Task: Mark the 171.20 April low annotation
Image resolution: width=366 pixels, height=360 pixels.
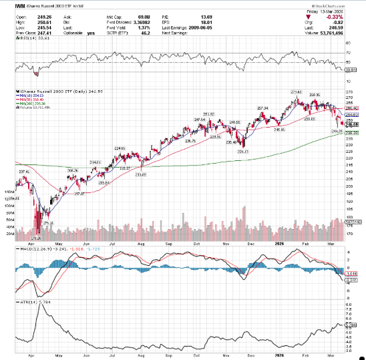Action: (x=37, y=237)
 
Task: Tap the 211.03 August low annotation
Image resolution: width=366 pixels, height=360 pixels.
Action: (x=140, y=174)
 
